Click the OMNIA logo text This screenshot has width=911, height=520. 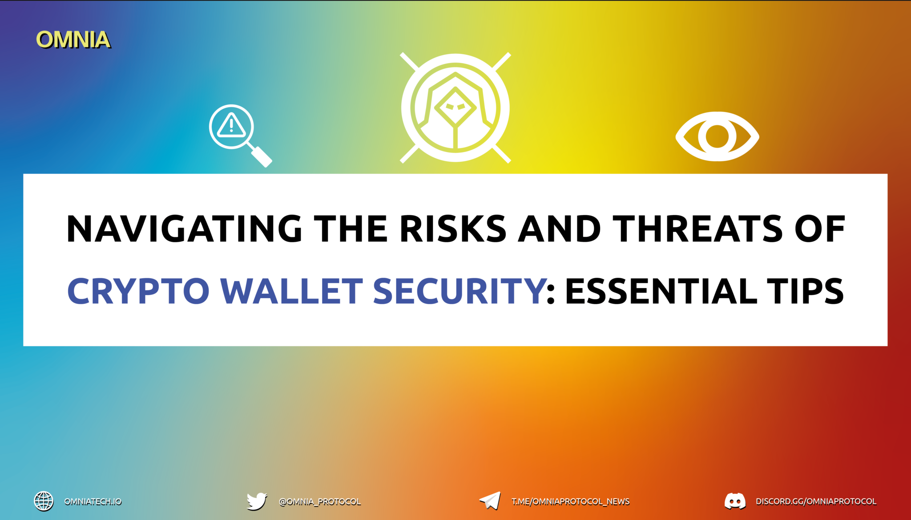click(x=73, y=40)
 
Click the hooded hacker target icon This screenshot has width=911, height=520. click(x=455, y=108)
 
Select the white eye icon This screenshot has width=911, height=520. click(x=717, y=136)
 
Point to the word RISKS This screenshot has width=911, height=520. click(x=453, y=229)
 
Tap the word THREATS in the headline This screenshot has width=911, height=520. click(x=697, y=229)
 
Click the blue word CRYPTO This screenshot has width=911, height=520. click(x=138, y=291)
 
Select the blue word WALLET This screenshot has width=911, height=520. click(x=292, y=291)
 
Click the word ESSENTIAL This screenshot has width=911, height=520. click(x=661, y=291)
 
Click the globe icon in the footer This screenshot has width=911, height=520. click(x=44, y=501)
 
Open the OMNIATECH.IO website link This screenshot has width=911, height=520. click(x=93, y=502)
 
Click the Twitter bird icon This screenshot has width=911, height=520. click(x=257, y=501)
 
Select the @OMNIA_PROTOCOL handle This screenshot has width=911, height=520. click(x=319, y=502)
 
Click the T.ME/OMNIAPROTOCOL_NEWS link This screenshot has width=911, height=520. click(x=570, y=502)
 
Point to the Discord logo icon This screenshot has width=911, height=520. click(x=735, y=501)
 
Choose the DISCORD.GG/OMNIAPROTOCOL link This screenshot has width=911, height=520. click(x=816, y=502)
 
